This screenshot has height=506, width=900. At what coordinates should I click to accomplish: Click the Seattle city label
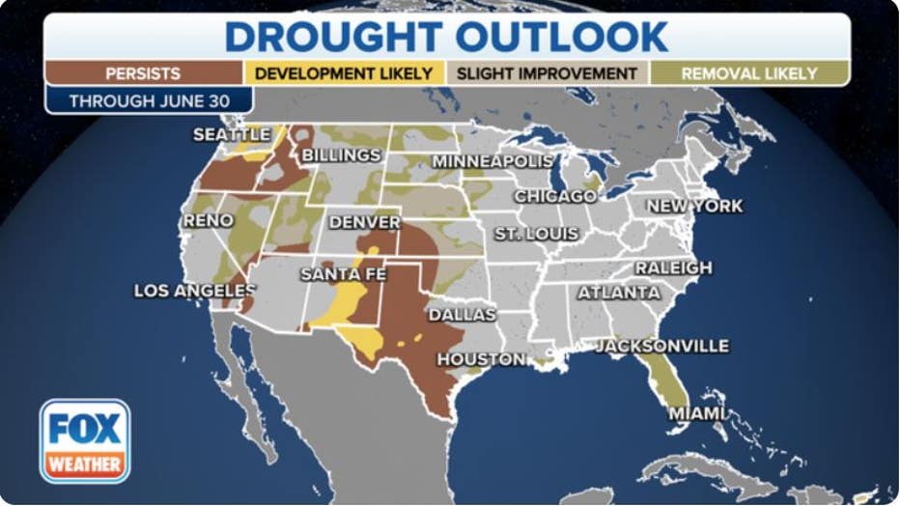pos(232,134)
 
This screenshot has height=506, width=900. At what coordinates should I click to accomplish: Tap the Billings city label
pos(341,155)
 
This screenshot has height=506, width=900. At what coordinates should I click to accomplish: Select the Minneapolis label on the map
pos(492,161)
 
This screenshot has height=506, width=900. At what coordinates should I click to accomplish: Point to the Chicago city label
pos(554,196)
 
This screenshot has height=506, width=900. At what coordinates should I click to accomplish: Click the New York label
pos(694,206)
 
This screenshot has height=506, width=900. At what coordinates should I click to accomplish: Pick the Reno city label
pos(208,220)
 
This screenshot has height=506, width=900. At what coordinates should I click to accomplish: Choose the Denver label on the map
pos(364,222)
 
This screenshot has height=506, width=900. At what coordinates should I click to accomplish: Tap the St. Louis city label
pos(536,234)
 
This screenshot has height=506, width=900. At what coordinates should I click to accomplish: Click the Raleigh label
pos(673,267)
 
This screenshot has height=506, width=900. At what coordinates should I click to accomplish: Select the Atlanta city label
pos(619,292)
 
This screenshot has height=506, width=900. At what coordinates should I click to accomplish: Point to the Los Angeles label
pos(194,290)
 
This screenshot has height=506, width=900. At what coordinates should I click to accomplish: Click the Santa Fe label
pos(343,274)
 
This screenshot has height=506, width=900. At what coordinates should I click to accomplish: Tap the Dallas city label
pos(462,315)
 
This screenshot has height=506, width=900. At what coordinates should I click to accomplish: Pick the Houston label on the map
pos(481,359)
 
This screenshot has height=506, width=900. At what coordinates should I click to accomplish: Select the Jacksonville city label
pos(662,346)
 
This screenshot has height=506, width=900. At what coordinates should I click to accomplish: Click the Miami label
pos(696,413)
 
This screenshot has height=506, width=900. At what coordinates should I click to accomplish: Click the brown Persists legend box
pos(143,73)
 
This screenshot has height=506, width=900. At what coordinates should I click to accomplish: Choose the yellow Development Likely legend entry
pos(344,73)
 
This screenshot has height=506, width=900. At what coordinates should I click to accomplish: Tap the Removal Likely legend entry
pos(749,73)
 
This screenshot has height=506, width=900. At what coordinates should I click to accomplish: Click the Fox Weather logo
pos(85,441)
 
